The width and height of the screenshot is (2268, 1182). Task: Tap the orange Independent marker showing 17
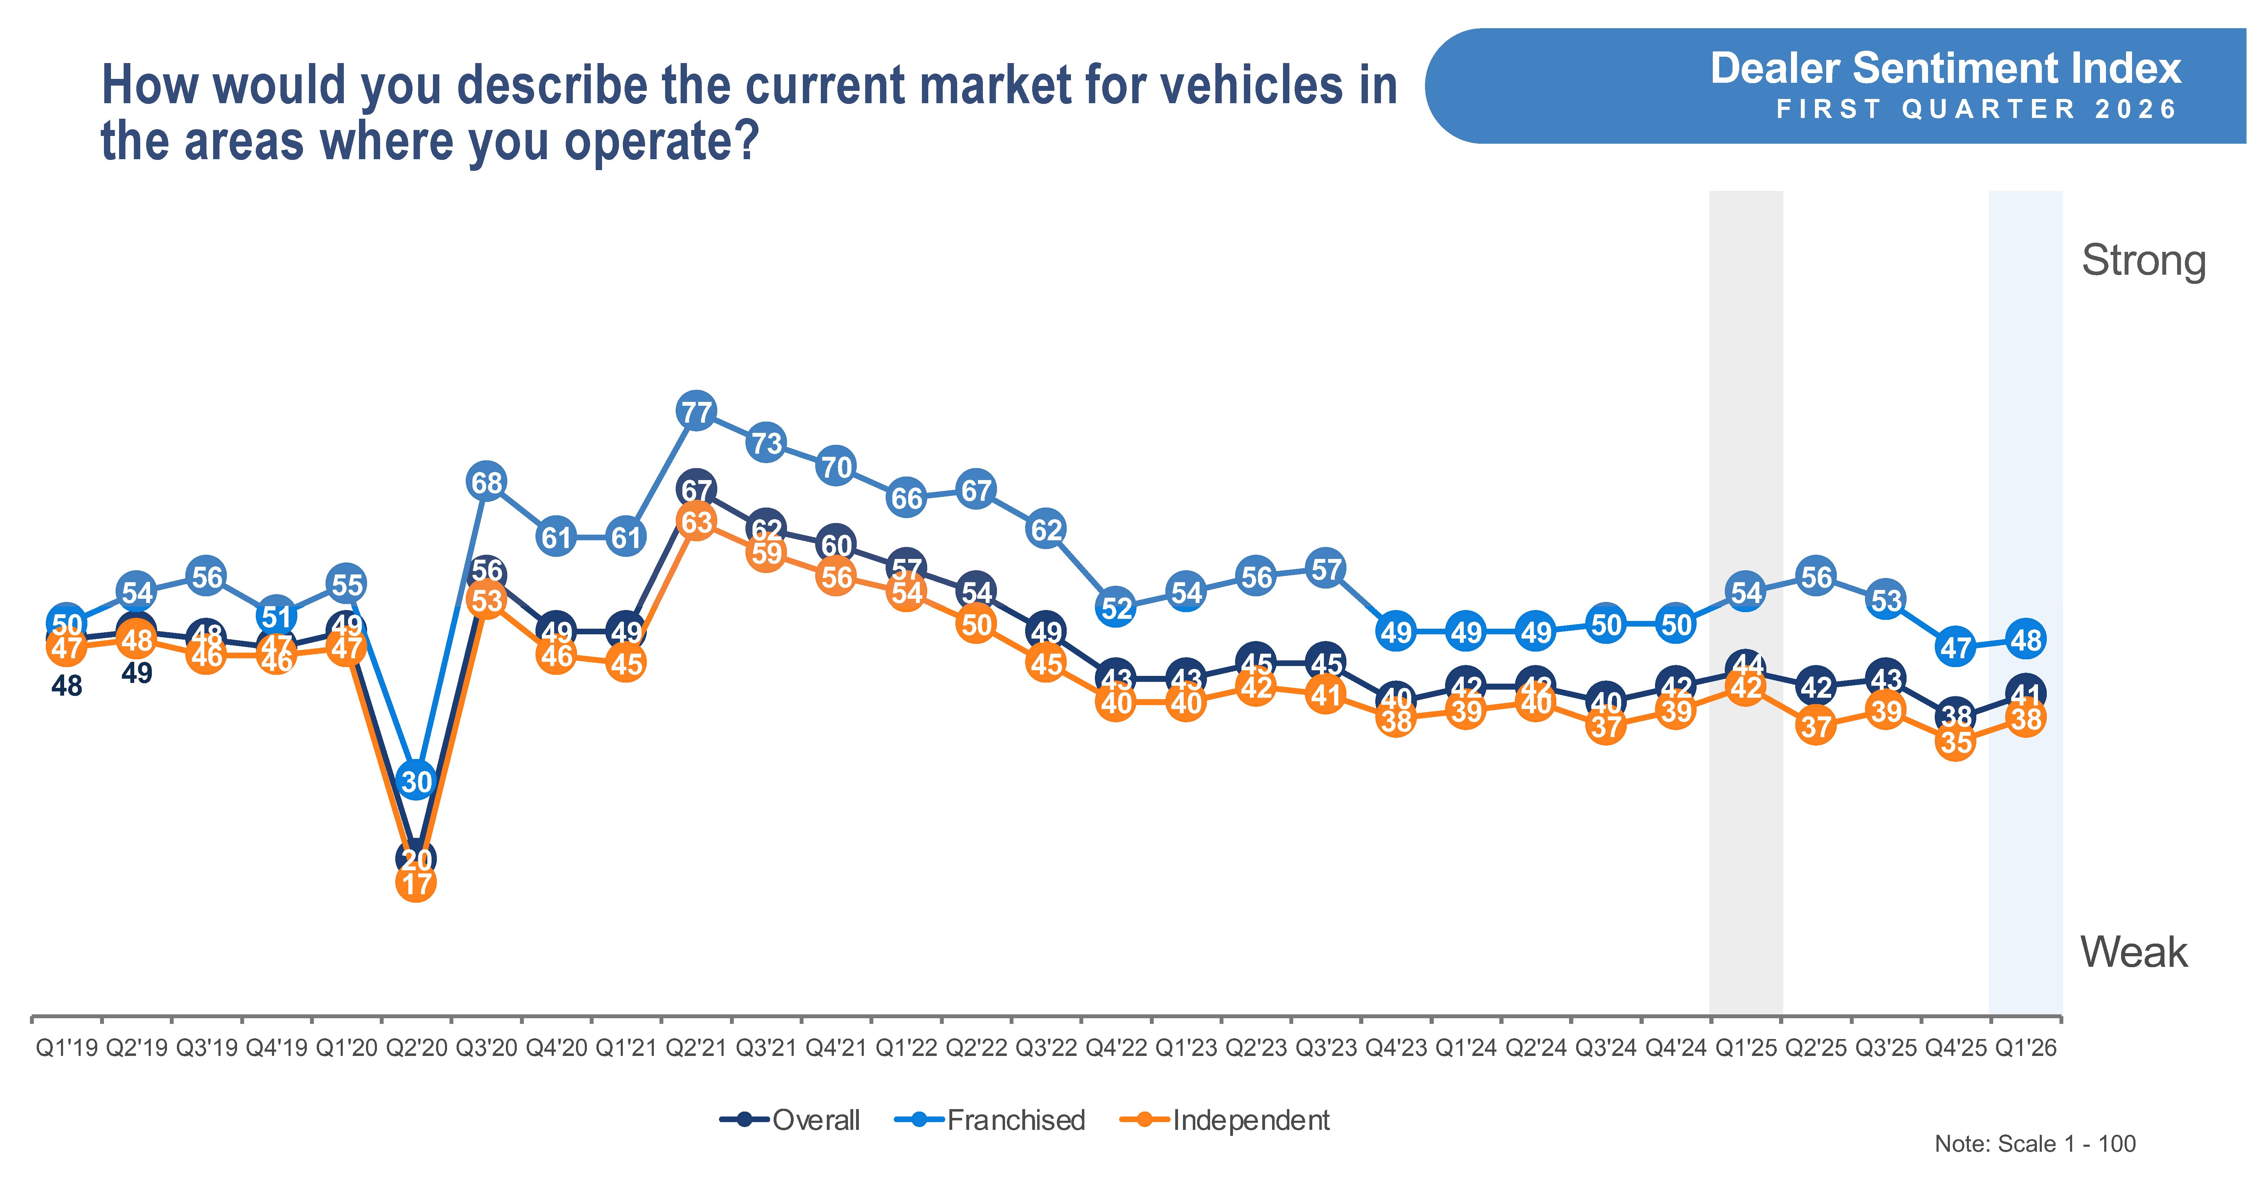coord(416,883)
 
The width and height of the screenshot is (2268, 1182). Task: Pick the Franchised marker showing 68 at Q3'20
coord(487,482)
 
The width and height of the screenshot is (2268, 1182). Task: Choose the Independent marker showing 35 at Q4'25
coord(1956,742)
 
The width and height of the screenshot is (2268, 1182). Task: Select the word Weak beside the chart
coord(2133,952)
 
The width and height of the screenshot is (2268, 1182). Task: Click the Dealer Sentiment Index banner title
coord(1945,69)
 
